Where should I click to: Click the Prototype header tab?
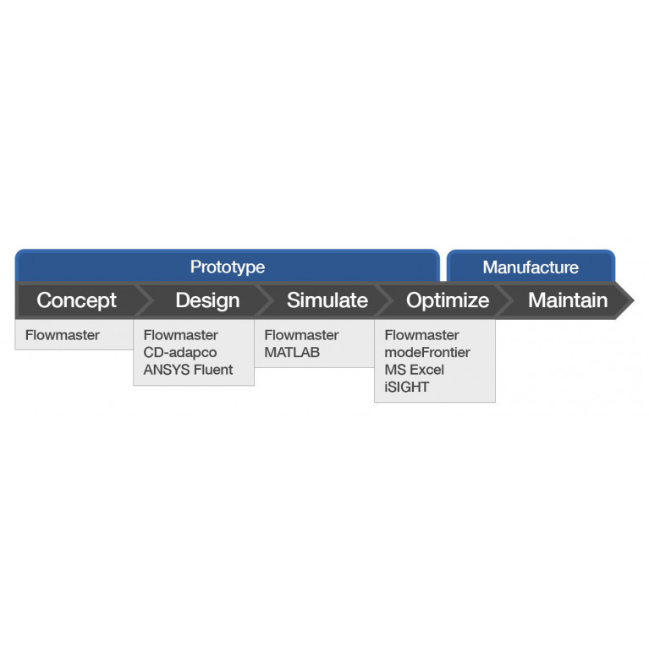[x=228, y=266]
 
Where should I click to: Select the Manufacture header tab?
[x=531, y=267]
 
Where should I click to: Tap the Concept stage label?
[x=76, y=300]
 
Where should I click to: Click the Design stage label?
[x=207, y=300]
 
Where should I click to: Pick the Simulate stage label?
[x=327, y=300]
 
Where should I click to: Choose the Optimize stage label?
[x=448, y=300]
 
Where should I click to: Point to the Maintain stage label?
[x=568, y=300]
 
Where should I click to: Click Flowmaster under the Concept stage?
[x=63, y=335]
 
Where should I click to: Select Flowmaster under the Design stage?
[x=181, y=335]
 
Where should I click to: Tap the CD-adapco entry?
[x=180, y=353]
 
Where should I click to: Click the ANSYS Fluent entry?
[x=189, y=370]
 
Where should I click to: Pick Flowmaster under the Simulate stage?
[x=302, y=335]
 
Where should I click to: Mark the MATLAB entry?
[x=292, y=352]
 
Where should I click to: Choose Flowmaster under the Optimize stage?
[x=421, y=335]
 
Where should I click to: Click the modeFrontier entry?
[x=427, y=352]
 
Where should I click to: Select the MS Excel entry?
[x=415, y=370]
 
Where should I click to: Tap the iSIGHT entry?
[x=407, y=387]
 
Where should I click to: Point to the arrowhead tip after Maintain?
[x=634, y=300]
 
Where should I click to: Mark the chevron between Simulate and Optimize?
[x=383, y=300]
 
